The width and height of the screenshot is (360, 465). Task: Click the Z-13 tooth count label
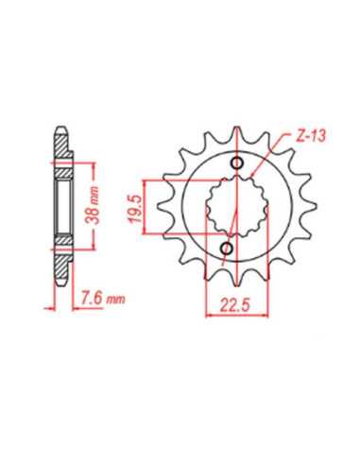311,137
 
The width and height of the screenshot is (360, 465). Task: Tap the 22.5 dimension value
235,305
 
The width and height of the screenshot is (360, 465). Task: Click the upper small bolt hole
237,163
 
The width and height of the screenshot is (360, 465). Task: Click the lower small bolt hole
227,249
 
